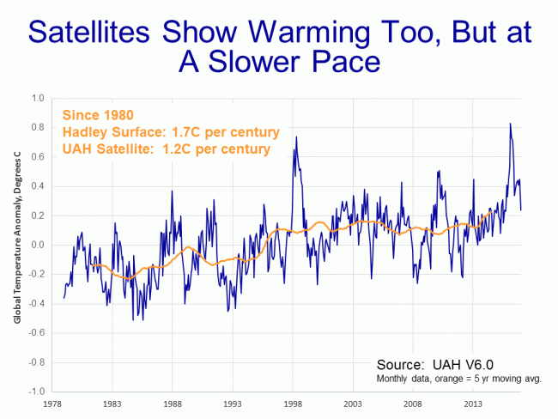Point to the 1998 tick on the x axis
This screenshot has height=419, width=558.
point(294,402)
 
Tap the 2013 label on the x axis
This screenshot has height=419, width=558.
point(473,402)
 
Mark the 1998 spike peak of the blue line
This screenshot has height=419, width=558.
point(296,137)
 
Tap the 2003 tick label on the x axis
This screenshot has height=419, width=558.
point(354,402)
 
